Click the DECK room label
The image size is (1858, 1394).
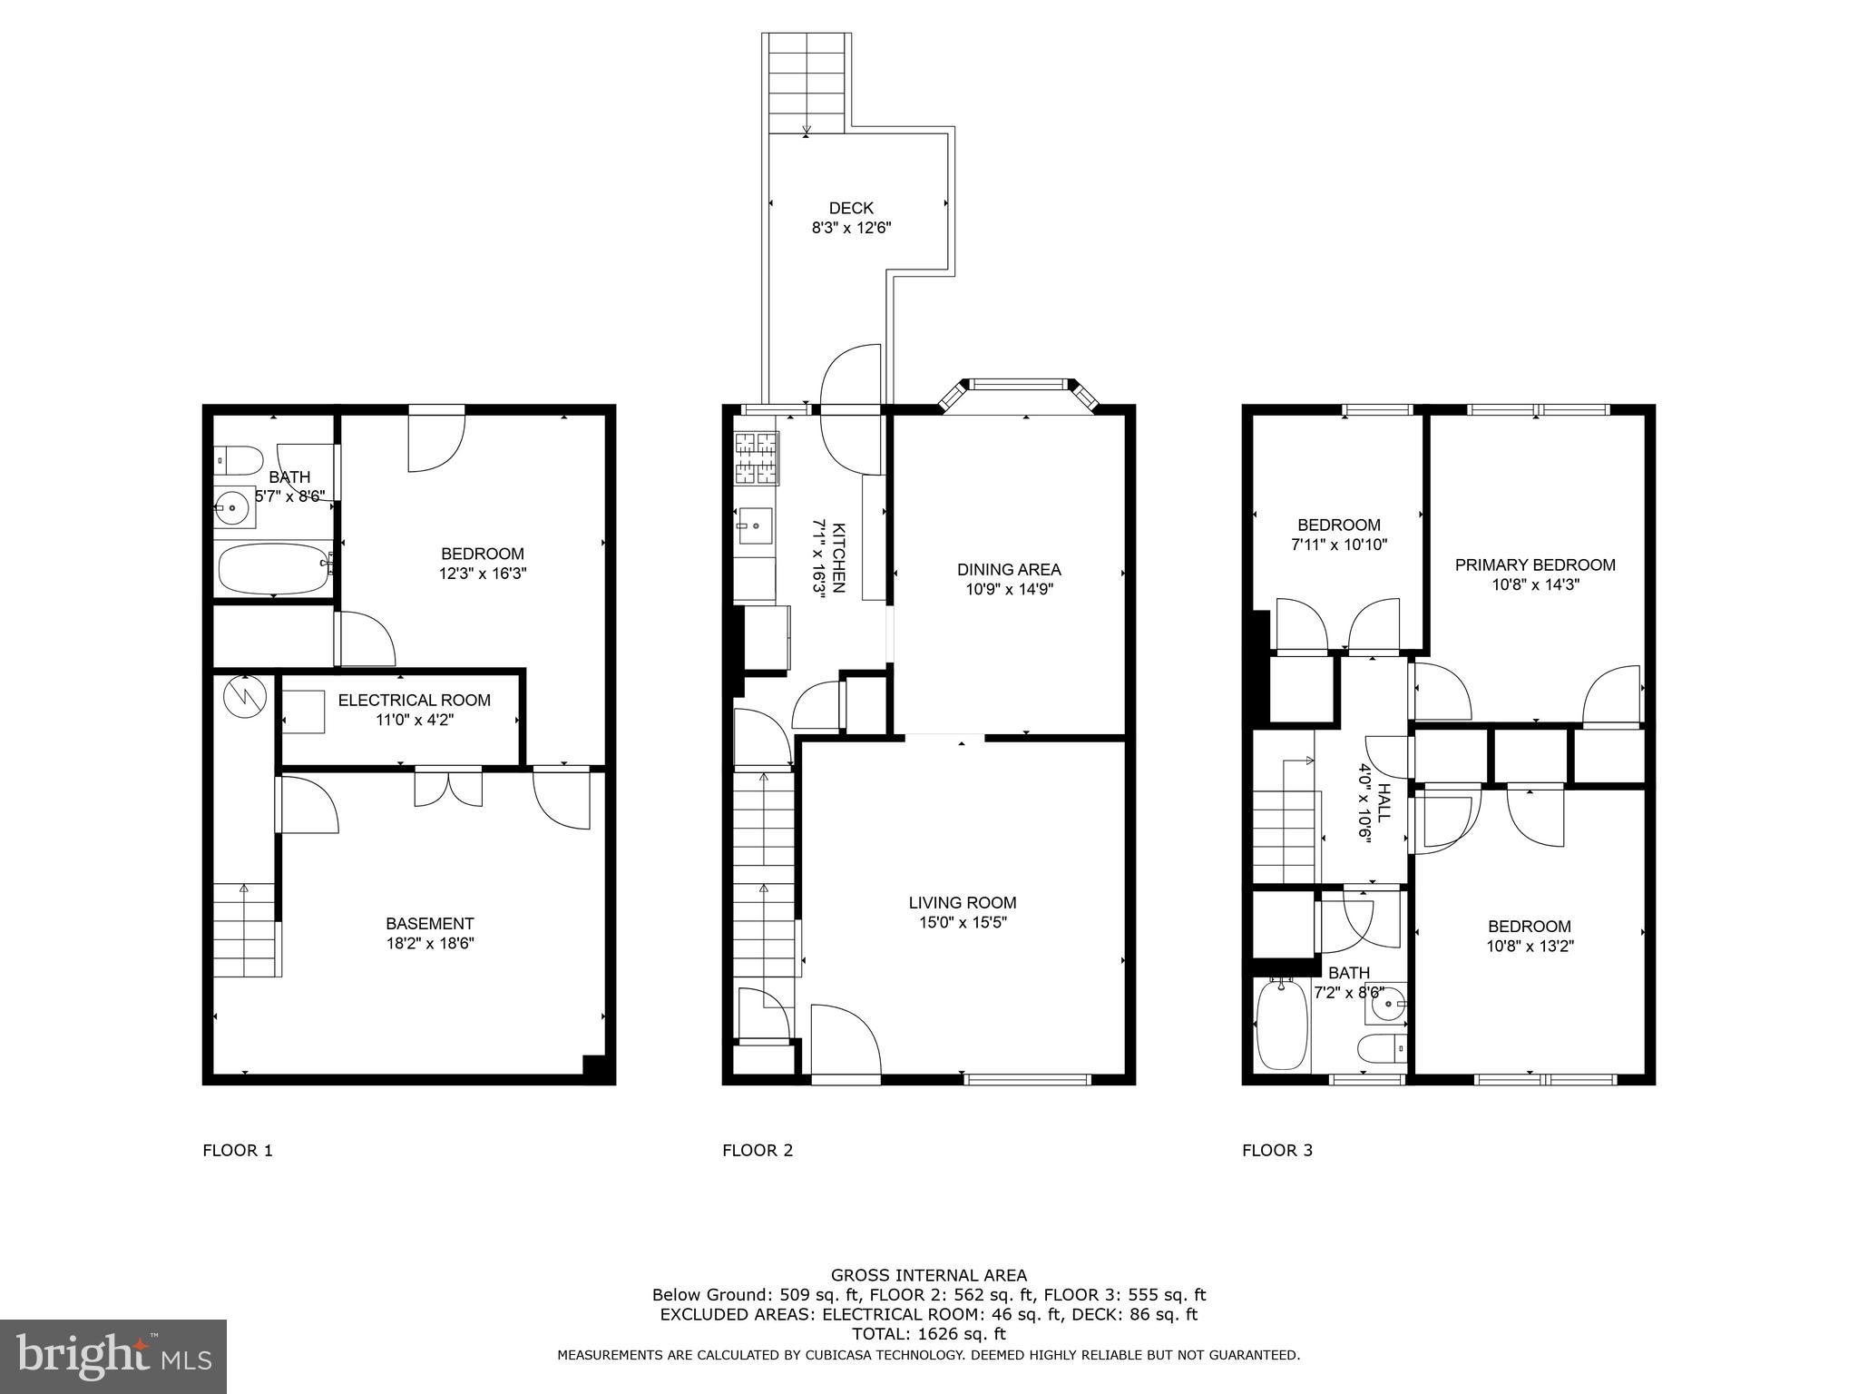tap(850, 209)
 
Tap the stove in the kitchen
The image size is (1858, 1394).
tap(756, 457)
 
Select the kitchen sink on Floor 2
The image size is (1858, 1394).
tap(754, 524)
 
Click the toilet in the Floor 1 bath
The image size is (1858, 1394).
tap(237, 460)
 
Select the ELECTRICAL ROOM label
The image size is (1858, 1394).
tap(414, 700)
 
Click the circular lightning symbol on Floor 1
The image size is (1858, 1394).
tap(244, 696)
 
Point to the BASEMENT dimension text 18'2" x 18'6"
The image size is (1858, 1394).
tap(429, 943)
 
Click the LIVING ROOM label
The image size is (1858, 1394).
tap(962, 902)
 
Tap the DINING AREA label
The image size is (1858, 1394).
tap(1008, 569)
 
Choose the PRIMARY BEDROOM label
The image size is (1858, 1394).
tap(1534, 564)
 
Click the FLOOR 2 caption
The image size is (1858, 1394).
tap(757, 1151)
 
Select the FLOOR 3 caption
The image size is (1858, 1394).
tap(1276, 1151)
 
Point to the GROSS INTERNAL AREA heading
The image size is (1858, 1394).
tap(928, 1275)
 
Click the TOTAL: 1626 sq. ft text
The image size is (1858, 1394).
tap(928, 1333)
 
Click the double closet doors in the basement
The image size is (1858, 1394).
tap(448, 787)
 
